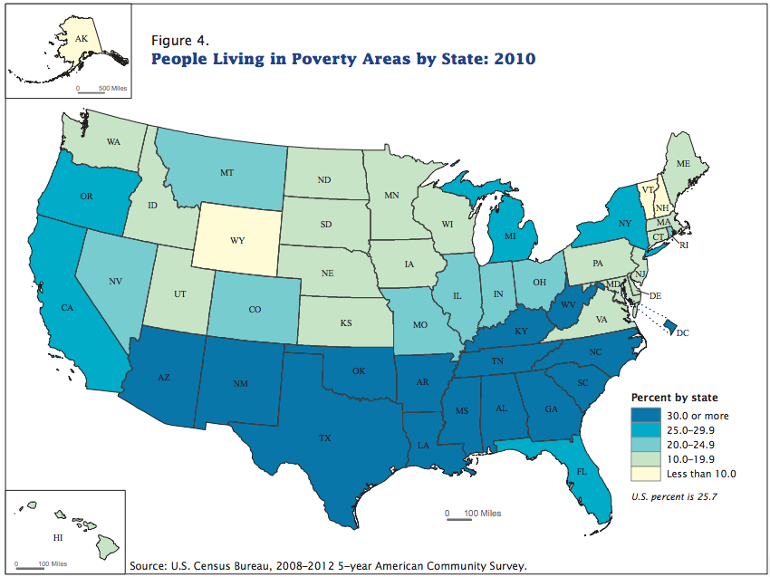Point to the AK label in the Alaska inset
click(82, 39)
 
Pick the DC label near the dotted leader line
click(682, 333)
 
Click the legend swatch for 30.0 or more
click(644, 415)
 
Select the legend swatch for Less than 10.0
click(644, 473)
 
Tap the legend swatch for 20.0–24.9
click(644, 444)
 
